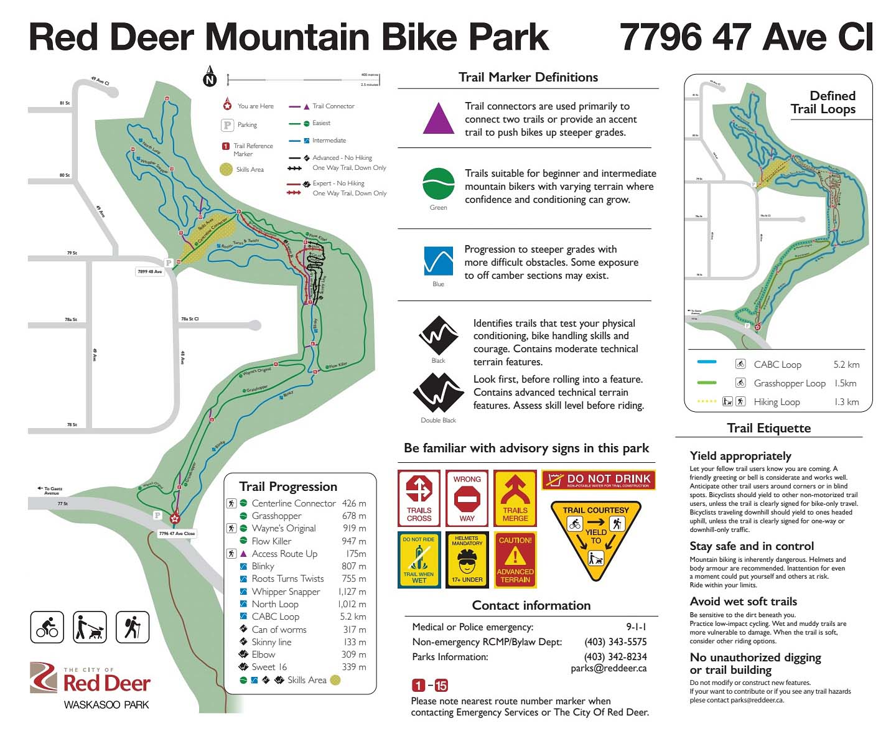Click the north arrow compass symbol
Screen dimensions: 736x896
pos(210,77)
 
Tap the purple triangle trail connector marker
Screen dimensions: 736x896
pos(439,119)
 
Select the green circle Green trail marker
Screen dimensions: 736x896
pos(439,184)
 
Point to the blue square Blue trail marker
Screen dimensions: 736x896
pos(439,261)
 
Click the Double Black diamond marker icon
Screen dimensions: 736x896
pos(438,394)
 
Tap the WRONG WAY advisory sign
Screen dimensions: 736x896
pos(467,499)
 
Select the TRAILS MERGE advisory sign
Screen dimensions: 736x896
pos(515,499)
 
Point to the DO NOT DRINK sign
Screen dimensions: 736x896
pos(599,480)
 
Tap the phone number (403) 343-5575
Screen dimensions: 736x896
pos(615,641)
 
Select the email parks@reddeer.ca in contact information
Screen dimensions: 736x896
pos(609,668)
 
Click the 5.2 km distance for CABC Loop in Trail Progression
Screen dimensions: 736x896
pos(353,617)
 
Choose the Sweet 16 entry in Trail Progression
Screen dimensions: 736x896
pos(269,667)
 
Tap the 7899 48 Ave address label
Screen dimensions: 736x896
pos(149,272)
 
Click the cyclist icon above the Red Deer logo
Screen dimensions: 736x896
pos(47,627)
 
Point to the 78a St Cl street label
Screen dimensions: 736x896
pos(190,319)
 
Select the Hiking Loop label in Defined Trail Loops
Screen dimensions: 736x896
pos(777,402)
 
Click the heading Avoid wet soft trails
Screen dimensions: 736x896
pos(743,601)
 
